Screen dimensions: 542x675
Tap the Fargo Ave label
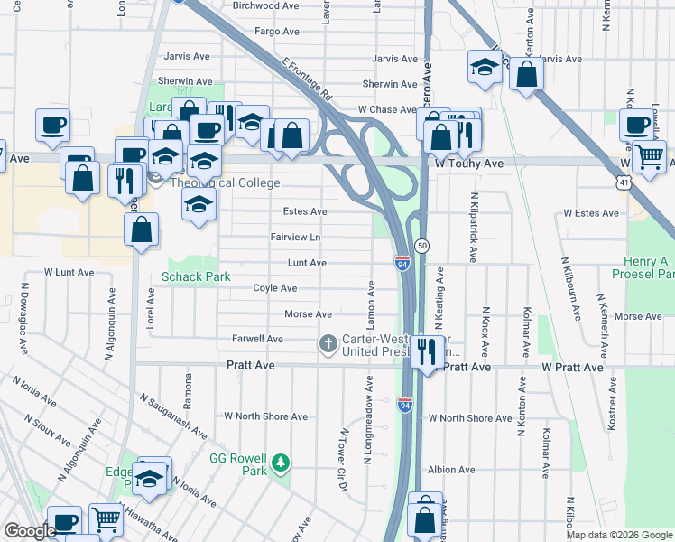click(276, 31)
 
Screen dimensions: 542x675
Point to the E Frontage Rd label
click(308, 79)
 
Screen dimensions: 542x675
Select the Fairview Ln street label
click(296, 238)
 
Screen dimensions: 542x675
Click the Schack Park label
click(196, 276)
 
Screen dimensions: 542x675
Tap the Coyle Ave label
click(275, 288)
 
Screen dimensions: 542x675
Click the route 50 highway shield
click(421, 246)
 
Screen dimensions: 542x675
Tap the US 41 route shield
click(624, 182)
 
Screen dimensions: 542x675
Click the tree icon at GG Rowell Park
click(282, 463)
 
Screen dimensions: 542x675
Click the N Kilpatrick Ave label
click(473, 227)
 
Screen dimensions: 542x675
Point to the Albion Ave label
click(451, 470)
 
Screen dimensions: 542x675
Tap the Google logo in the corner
click(30, 531)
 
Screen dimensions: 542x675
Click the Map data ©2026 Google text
click(619, 535)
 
